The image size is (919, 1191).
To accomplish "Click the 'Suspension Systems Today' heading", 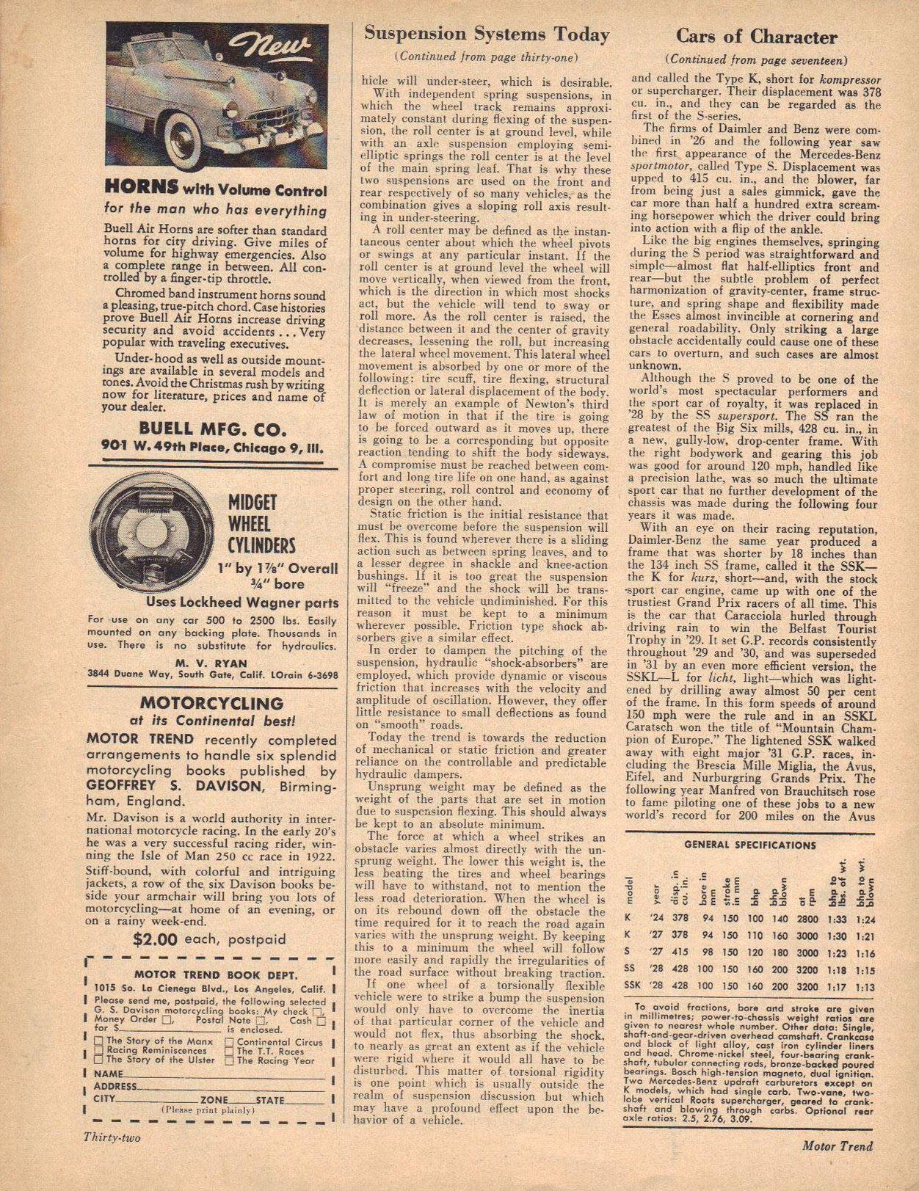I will (x=487, y=34).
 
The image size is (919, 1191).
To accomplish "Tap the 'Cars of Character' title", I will (x=756, y=37).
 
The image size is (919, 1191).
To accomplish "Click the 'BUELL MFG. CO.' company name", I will (x=213, y=428).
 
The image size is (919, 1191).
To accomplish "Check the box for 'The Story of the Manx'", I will (x=99, y=1041).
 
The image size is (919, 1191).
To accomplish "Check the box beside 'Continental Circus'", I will (x=230, y=1041).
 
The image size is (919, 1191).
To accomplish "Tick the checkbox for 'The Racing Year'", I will (x=230, y=1060).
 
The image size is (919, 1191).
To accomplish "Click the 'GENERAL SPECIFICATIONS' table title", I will (x=749, y=845).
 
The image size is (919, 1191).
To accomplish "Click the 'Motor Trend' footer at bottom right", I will (x=837, y=1146).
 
